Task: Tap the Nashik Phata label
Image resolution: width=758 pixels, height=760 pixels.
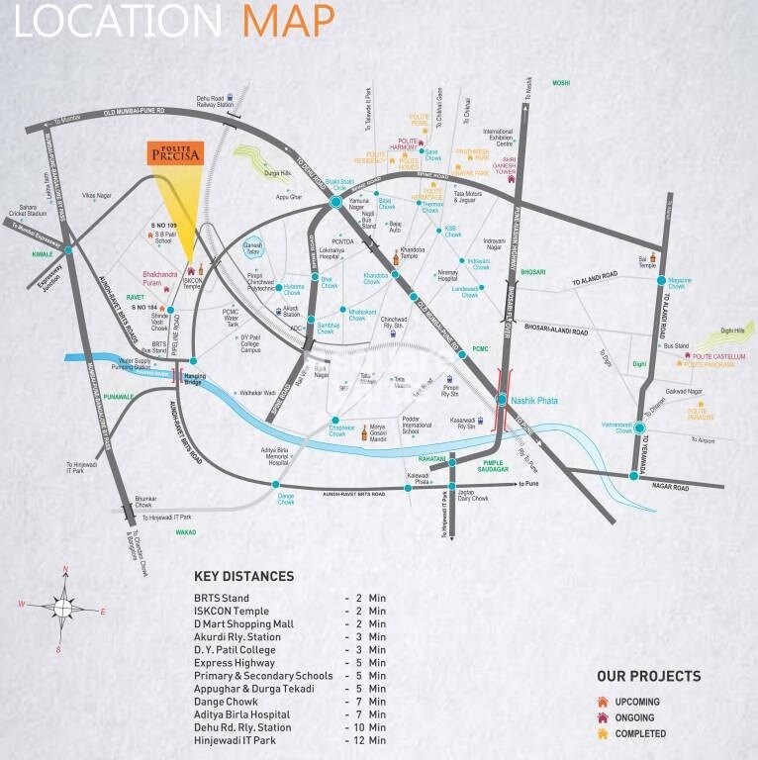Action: (532, 400)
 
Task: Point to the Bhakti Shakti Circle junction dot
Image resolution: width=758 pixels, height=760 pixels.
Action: (335, 202)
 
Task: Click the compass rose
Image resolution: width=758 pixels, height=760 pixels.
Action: (61, 608)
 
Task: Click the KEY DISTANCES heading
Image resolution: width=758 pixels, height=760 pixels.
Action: (243, 576)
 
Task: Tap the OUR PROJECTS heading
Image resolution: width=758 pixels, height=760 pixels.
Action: (648, 677)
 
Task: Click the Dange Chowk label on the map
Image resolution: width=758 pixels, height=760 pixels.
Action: (286, 500)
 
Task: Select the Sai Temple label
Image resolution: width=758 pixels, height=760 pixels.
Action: (646, 261)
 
